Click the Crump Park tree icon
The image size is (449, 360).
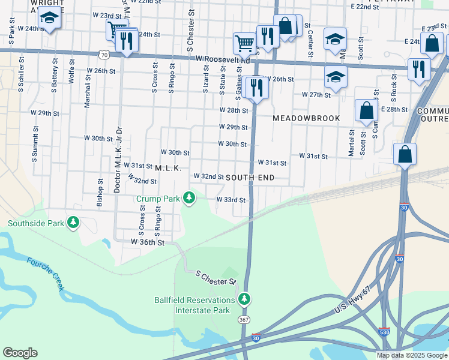pyautogui.click(x=189, y=197)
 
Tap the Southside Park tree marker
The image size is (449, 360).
pyautogui.click(x=73, y=223)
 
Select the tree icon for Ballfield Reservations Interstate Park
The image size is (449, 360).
pyautogui.click(x=243, y=299)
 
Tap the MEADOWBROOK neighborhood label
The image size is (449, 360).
pyautogui.click(x=306, y=118)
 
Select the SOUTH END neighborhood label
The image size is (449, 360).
pyautogui.click(x=250, y=178)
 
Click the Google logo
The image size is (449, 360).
pyautogui.click(x=20, y=353)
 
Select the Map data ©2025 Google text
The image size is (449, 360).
pyautogui.click(x=412, y=355)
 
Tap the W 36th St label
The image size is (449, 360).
pyautogui.click(x=148, y=242)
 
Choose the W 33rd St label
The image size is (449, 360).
pyautogui.click(x=231, y=200)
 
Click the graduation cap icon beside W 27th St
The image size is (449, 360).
pyautogui.click(x=336, y=77)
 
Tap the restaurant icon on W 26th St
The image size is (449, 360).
pyautogui.click(x=258, y=88)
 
